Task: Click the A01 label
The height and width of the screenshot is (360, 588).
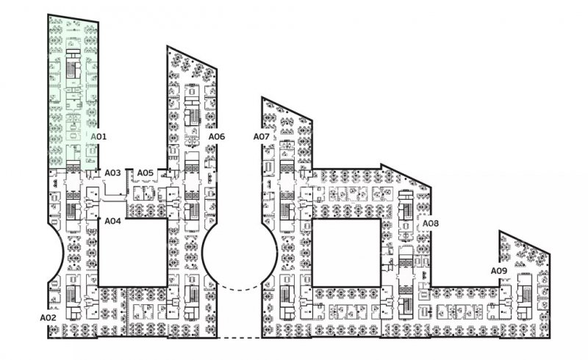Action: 98,137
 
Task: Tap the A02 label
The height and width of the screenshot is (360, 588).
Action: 48,317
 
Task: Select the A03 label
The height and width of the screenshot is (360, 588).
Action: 112,173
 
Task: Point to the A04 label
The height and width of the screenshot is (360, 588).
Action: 112,221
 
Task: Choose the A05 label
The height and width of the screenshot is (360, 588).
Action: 145,173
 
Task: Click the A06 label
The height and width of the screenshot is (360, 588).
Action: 217,137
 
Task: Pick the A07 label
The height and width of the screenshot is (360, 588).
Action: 262,137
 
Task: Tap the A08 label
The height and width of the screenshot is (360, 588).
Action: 431,223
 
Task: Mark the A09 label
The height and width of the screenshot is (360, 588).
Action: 499,271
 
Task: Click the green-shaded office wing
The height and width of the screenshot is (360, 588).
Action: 73,94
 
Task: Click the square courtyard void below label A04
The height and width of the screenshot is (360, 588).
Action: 133,253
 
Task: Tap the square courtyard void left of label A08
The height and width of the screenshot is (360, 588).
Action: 347,253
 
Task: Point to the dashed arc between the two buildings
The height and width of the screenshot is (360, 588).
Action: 240,289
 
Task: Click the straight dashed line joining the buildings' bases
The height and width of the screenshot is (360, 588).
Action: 240,337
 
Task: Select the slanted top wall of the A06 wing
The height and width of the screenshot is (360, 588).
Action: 192,57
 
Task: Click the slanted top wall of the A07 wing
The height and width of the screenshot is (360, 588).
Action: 287,109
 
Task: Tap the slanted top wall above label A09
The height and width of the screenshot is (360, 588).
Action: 525,242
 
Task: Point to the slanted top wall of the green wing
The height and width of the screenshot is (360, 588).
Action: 73,18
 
